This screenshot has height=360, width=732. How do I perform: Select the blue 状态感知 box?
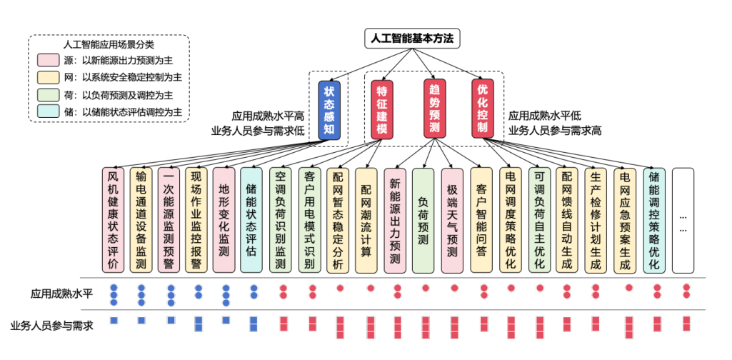click(x=329, y=109)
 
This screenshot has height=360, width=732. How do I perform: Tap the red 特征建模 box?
click(x=382, y=109)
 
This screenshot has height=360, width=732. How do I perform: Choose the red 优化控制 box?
click(x=483, y=109)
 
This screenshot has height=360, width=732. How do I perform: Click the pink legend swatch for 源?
click(x=49, y=61)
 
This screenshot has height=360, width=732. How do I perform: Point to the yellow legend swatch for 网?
click(x=49, y=77)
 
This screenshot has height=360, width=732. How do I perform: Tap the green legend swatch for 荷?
click(x=49, y=94)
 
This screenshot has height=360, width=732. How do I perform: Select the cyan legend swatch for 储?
click(x=49, y=111)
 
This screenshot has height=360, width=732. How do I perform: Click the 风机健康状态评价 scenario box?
click(x=112, y=220)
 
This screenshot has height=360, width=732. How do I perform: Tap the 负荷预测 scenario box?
click(x=423, y=220)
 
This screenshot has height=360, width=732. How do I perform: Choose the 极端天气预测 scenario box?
click(x=451, y=220)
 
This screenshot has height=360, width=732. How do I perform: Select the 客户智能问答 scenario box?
click(x=481, y=220)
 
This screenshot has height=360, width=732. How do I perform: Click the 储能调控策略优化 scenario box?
click(x=653, y=220)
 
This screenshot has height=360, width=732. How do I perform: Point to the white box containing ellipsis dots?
click(x=683, y=220)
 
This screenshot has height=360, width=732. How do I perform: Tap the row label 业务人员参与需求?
click(x=51, y=324)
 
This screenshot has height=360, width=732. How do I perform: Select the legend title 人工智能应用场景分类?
click(x=106, y=44)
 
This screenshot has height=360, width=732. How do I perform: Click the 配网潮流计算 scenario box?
click(x=366, y=220)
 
